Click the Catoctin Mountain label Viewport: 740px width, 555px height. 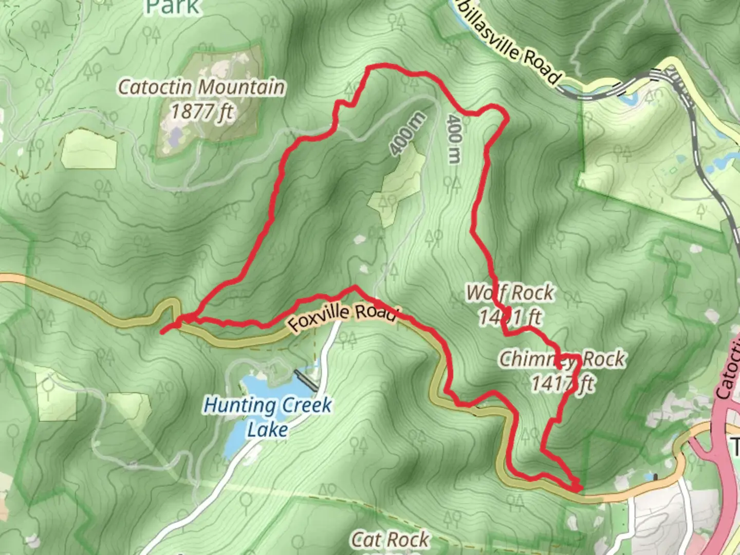coord(201,87)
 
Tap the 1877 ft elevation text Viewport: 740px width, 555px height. coord(201,110)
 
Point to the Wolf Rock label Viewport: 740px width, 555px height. coord(510,293)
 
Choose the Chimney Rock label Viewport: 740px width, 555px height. coord(562,359)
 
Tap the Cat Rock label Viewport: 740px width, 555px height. coord(390,539)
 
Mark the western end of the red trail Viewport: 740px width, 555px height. coord(162,332)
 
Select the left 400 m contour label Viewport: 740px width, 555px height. coord(407,134)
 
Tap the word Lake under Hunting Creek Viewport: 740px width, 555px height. coord(267,429)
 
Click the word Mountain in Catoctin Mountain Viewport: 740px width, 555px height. coord(241,87)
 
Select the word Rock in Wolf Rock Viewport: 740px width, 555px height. coord(532,293)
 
